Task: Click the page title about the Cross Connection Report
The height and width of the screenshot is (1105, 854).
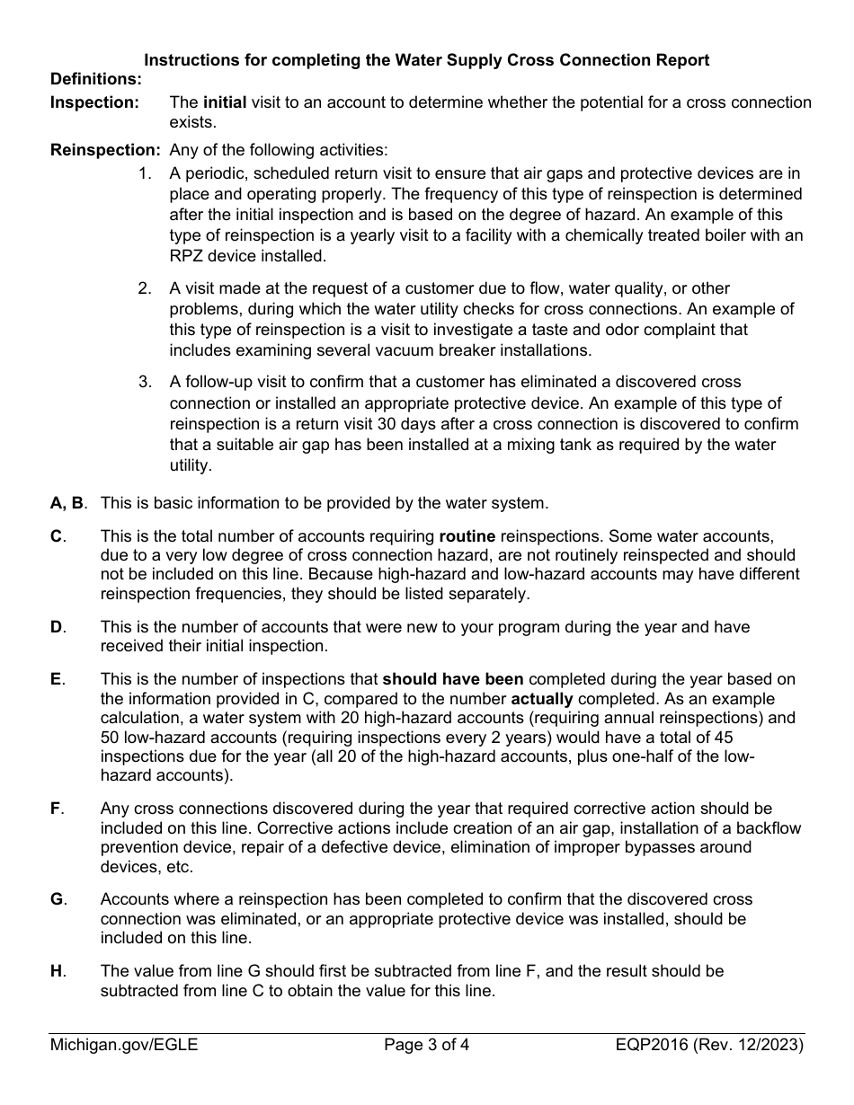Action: coord(427,60)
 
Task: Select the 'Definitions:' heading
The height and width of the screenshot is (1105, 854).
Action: coord(96,80)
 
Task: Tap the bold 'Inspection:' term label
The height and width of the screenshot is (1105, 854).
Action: coord(94,102)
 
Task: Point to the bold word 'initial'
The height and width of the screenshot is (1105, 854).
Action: coord(225,102)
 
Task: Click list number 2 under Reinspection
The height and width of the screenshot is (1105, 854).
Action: coord(145,288)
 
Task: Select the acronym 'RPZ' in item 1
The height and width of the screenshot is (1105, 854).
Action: coord(187,255)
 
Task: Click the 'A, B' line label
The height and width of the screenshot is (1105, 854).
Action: coord(69,502)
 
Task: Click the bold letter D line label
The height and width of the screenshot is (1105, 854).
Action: coord(57,626)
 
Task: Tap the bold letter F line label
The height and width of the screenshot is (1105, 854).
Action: coord(56,809)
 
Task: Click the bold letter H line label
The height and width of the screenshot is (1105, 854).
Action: coord(57,971)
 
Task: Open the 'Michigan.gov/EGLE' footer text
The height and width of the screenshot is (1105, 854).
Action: coord(124,1045)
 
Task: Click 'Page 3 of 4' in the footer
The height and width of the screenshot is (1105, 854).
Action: coord(427,1045)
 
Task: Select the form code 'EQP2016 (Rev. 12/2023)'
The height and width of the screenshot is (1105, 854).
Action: coord(709,1045)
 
